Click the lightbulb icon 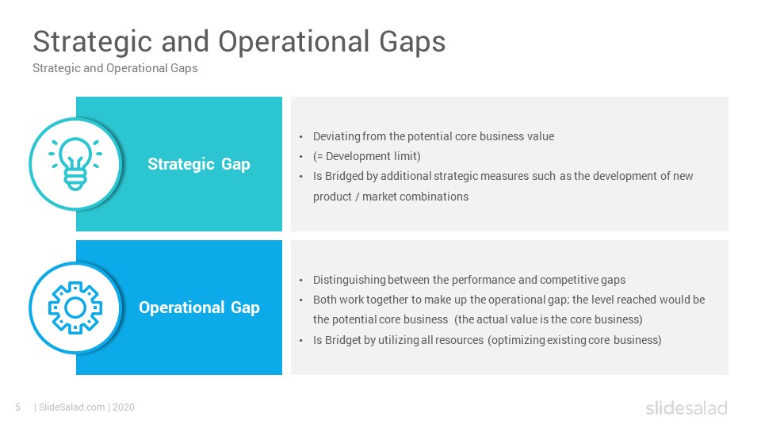tap(75, 163)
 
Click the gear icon tap(75, 308)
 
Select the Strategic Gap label tap(199, 165)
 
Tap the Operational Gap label tap(199, 308)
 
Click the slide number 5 tap(18, 407)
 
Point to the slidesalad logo tap(686, 407)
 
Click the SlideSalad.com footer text tap(72, 407)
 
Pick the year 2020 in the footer tap(124, 407)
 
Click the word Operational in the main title tap(293, 42)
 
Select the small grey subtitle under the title tap(115, 68)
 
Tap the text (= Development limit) tap(367, 156)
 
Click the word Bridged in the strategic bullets tap(344, 176)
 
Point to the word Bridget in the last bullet tap(343, 340)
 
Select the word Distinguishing tap(349, 280)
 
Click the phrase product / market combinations tap(391, 197)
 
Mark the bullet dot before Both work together tap(301, 300)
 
